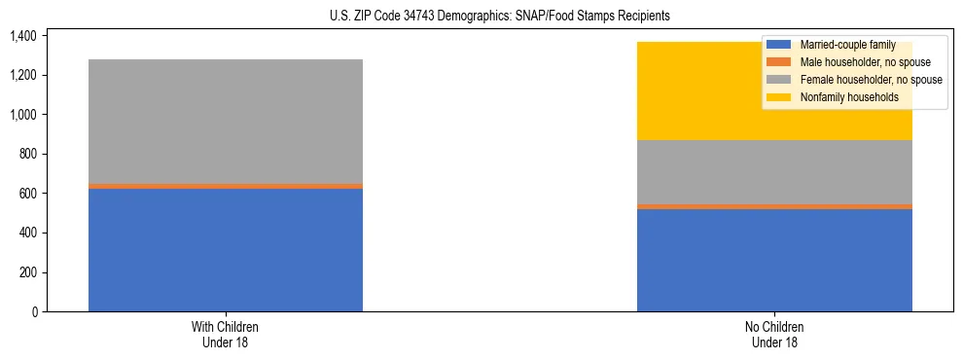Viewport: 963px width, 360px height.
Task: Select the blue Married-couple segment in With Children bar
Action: click(x=226, y=250)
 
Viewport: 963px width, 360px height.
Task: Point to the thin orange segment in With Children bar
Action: click(x=226, y=186)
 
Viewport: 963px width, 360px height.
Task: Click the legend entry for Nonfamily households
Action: click(x=848, y=97)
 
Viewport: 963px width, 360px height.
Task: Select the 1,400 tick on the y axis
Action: click(x=22, y=36)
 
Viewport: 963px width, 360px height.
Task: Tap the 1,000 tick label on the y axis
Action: click(x=22, y=115)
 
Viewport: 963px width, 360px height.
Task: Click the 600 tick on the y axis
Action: click(x=27, y=194)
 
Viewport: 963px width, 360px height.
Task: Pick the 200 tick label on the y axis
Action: click(x=27, y=272)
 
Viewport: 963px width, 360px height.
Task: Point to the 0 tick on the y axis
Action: click(x=34, y=311)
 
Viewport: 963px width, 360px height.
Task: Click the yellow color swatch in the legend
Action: click(x=779, y=97)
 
